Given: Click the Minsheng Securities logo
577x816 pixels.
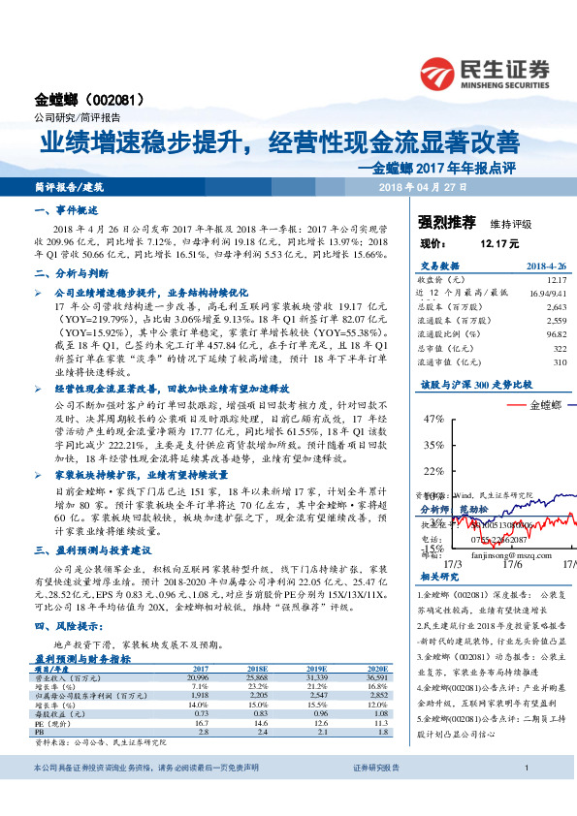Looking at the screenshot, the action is pos(487,74).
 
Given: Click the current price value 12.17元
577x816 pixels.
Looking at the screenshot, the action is pos(499,244).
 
